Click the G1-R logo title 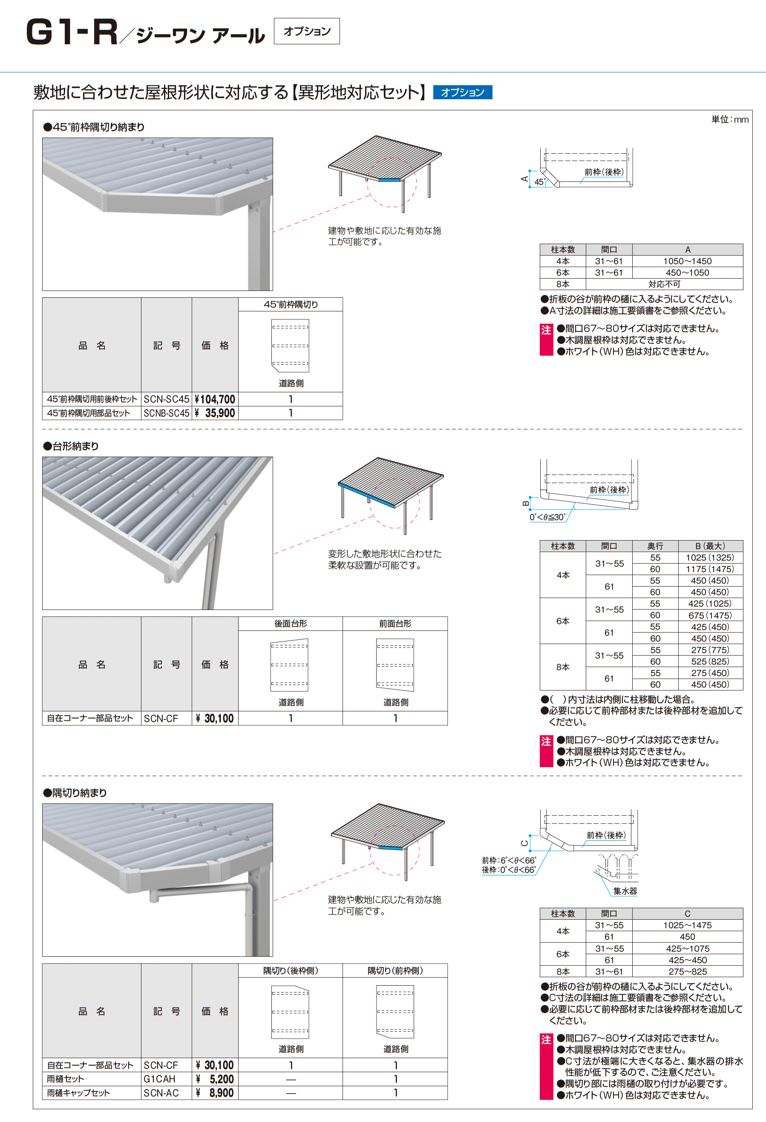coord(72,33)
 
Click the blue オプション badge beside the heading coord(462,92)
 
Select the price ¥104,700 coord(215,399)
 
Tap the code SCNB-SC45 coord(166,413)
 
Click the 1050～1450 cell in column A coord(687,261)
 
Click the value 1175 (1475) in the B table coord(709,569)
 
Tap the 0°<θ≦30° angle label coord(547,517)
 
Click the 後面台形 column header coord(290,624)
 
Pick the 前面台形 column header coord(395,624)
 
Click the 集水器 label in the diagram coord(625,891)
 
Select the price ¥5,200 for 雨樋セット coord(215,1079)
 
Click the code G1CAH coord(159,1079)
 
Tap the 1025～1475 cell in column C coord(687,926)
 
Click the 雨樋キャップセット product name coord(78,1093)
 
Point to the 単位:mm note coord(730,119)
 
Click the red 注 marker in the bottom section coord(546,1040)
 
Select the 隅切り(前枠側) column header coord(395,971)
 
